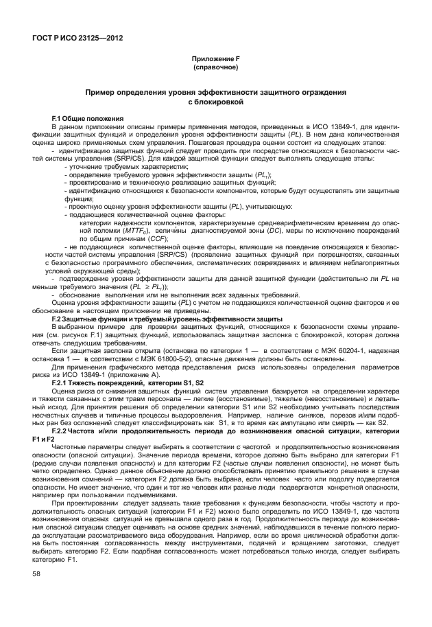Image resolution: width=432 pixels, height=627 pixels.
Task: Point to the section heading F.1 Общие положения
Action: pyautogui.click(x=87, y=119)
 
